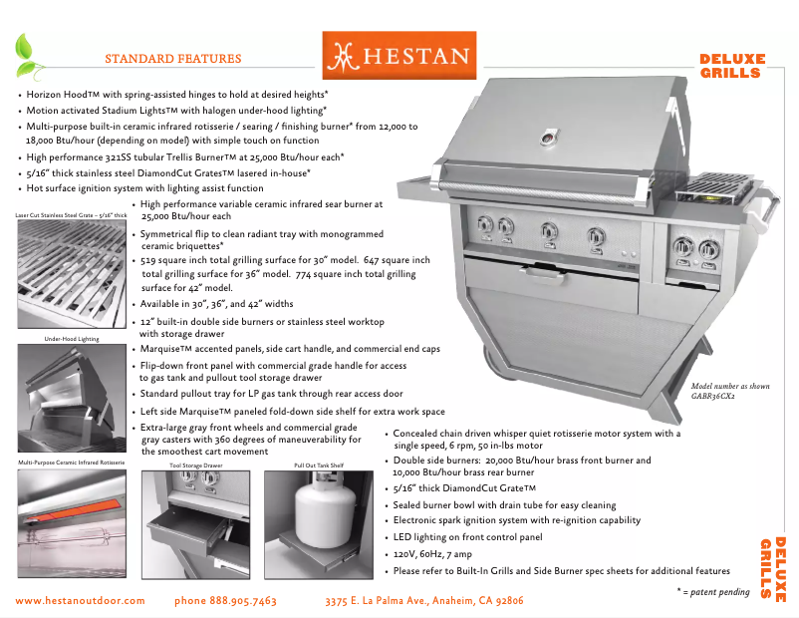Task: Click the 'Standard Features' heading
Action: [172, 59]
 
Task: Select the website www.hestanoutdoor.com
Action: [81, 601]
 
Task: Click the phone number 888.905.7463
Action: [225, 601]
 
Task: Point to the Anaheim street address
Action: [424, 601]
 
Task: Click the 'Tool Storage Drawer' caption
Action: [195, 464]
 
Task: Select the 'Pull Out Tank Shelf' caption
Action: [319, 464]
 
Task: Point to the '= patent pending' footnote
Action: [713, 592]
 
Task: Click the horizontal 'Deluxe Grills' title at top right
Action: [732, 66]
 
